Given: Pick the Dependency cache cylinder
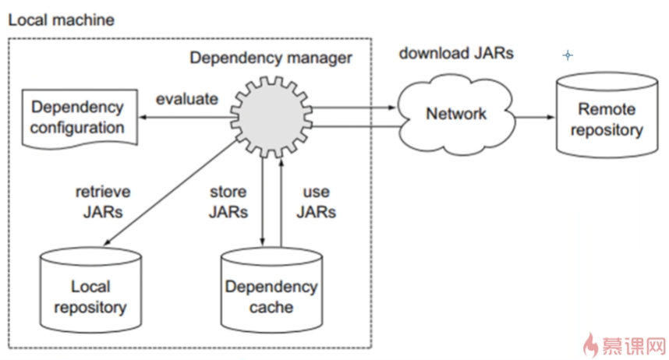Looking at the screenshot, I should click(271, 292).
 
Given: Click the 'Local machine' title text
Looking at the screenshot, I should click(61, 19).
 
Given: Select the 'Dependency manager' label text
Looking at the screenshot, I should click(271, 58).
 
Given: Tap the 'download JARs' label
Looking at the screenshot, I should click(456, 54).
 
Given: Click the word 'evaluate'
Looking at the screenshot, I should click(187, 99).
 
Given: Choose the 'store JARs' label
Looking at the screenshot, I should click(228, 201).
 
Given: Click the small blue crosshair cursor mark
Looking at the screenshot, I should click(568, 55).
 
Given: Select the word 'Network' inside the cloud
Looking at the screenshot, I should click(456, 114).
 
